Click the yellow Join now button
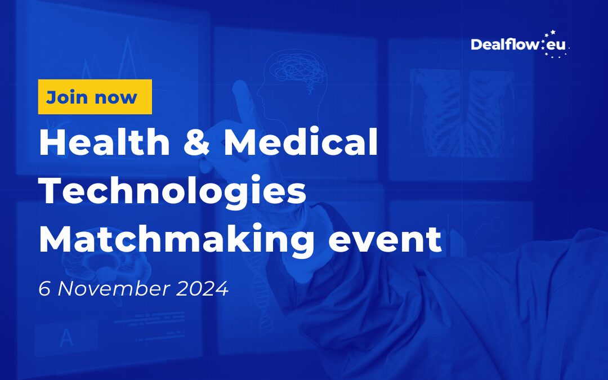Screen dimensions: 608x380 tap(95, 97)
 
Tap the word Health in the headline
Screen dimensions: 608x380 tap(105, 142)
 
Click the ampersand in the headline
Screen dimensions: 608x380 tap(197, 142)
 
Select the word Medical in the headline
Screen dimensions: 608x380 tap(301, 142)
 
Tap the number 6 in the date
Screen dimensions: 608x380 tap(44, 288)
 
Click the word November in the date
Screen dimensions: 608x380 tap(114, 288)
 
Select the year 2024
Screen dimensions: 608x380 tap(203, 288)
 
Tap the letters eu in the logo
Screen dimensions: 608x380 tap(556, 46)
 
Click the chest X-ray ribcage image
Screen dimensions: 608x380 tap(462, 113)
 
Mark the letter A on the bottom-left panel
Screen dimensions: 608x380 tap(66, 338)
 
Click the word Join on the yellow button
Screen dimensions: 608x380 tap(66, 97)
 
